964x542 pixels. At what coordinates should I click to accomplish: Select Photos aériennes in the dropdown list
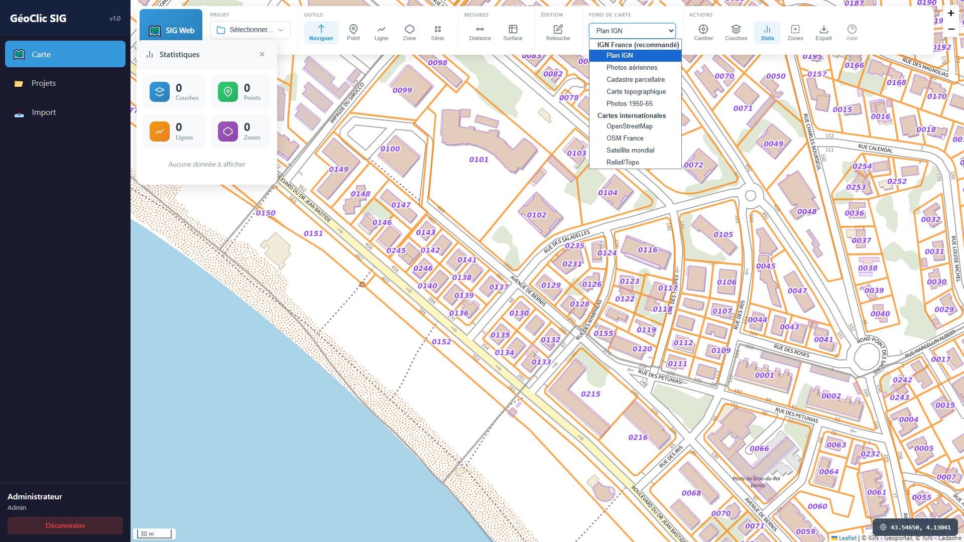[631, 67]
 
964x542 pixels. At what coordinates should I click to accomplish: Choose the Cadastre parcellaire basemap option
[635, 79]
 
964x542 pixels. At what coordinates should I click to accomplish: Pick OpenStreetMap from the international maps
[629, 126]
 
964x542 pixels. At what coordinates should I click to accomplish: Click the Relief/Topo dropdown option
[622, 162]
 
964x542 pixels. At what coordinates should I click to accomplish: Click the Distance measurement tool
[479, 33]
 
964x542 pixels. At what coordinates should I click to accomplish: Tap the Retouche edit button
[558, 33]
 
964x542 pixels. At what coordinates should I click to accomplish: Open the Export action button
[823, 33]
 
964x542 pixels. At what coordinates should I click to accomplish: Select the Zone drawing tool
[409, 33]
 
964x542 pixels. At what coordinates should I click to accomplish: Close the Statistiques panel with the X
[262, 54]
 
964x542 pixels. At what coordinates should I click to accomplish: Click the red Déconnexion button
[65, 525]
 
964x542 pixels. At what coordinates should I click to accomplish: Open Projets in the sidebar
[44, 83]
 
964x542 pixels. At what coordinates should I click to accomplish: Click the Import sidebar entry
[44, 112]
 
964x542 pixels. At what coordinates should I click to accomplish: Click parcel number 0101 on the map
[478, 160]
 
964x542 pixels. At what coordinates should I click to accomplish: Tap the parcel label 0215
[590, 394]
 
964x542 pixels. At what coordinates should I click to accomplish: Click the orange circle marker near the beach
[362, 285]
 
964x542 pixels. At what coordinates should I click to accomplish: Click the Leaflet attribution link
[847, 537]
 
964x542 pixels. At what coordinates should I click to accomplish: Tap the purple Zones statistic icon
[227, 131]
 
